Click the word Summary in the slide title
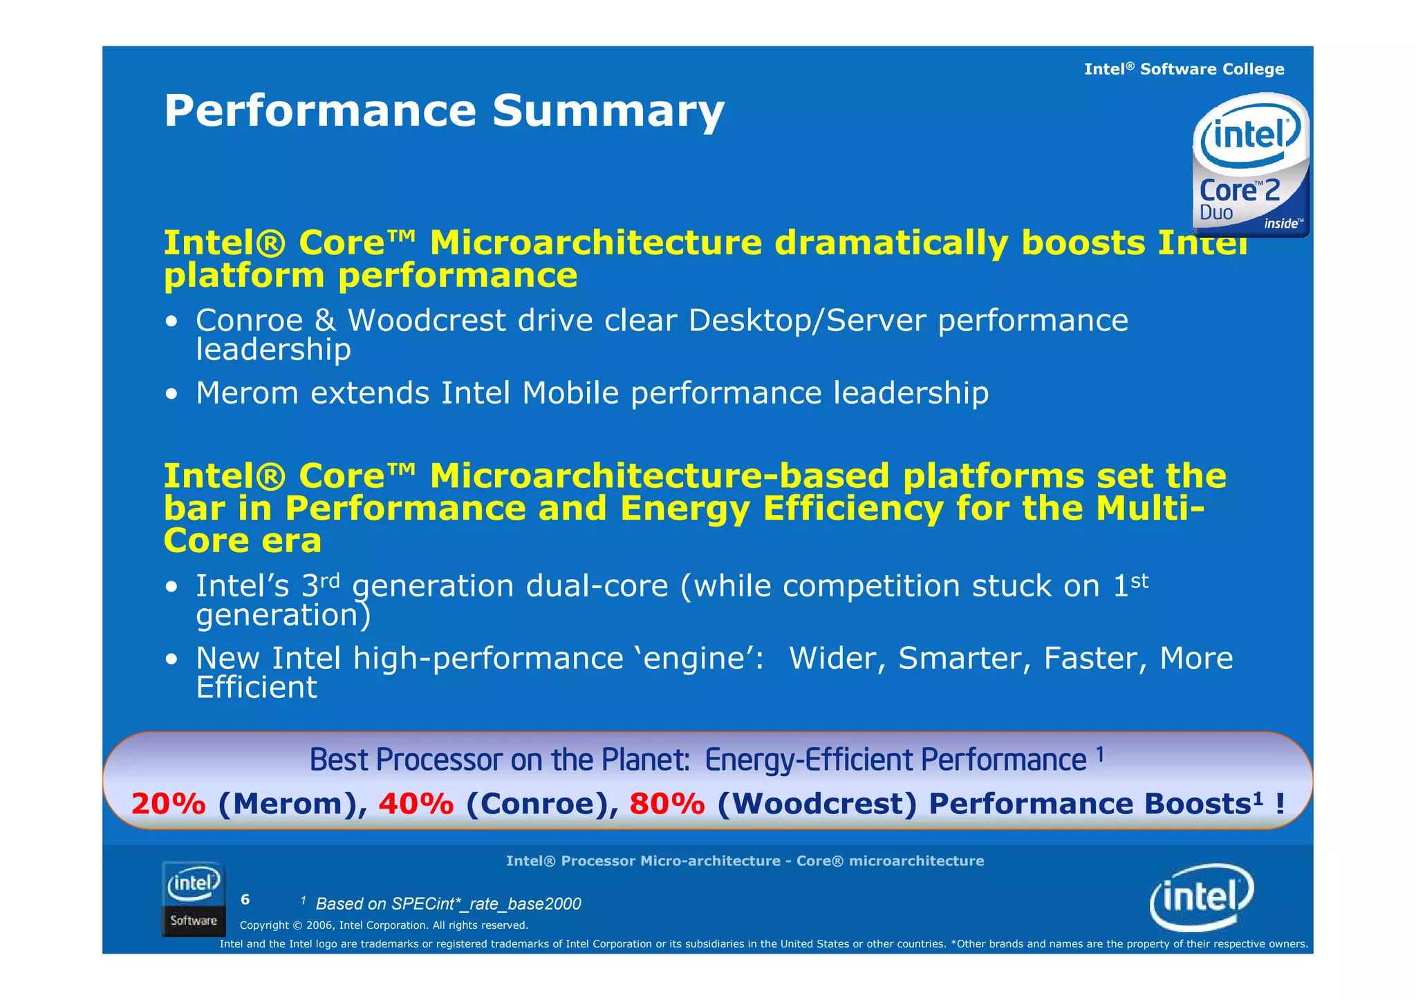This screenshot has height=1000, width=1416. tap(608, 111)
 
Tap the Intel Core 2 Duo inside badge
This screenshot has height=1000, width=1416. tap(1250, 166)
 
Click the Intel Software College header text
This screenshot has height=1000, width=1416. tap(1184, 69)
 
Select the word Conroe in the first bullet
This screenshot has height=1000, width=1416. tap(249, 321)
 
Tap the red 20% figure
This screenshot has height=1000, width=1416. tap(168, 804)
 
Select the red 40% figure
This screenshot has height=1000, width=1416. tap(416, 804)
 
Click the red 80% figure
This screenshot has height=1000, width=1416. tap(667, 804)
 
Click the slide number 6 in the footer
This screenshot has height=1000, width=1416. tap(245, 900)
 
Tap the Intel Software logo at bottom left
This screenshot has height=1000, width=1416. tap(194, 899)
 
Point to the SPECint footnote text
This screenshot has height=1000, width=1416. tap(448, 904)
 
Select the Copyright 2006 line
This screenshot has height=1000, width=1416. tap(384, 925)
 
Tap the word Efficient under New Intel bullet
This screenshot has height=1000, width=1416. tap(257, 688)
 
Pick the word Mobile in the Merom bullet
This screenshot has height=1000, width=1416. tap(570, 393)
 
